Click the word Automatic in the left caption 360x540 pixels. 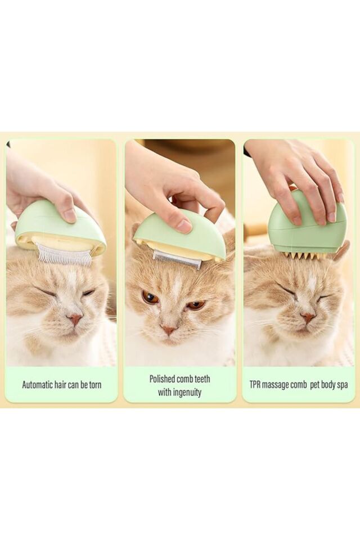tap(38, 384)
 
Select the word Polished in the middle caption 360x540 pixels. tap(162, 379)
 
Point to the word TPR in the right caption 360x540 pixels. tap(255, 384)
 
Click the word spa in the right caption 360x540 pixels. tap(342, 385)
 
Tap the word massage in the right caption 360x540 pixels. tap(276, 385)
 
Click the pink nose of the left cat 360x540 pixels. tap(74, 318)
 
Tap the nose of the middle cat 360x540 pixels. tap(168, 330)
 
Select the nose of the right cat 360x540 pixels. tap(307, 317)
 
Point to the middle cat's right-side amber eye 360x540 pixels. tap(196, 304)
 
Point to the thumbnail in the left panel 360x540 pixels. tap(71, 215)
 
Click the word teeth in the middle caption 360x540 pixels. tap(202, 379)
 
